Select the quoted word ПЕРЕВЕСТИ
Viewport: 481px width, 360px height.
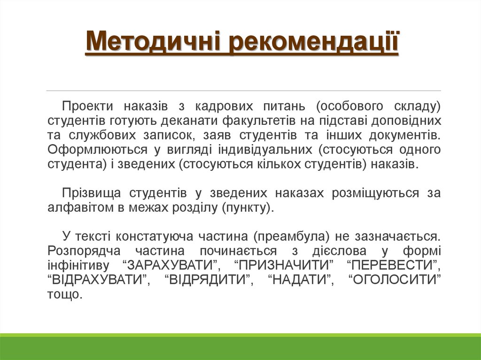point(393,265)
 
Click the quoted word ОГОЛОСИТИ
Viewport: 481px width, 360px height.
point(396,280)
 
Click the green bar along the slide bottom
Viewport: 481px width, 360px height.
point(240,347)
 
